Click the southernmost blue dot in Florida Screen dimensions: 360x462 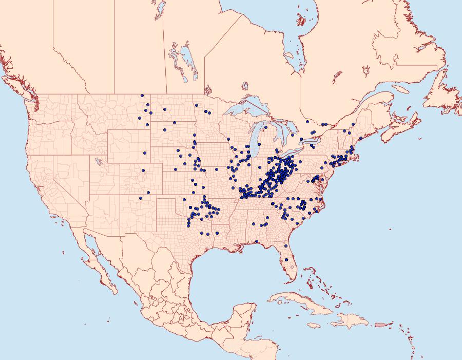point(286,260)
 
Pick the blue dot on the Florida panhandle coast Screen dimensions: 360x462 point(256,241)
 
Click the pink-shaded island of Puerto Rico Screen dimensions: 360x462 point(380,324)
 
